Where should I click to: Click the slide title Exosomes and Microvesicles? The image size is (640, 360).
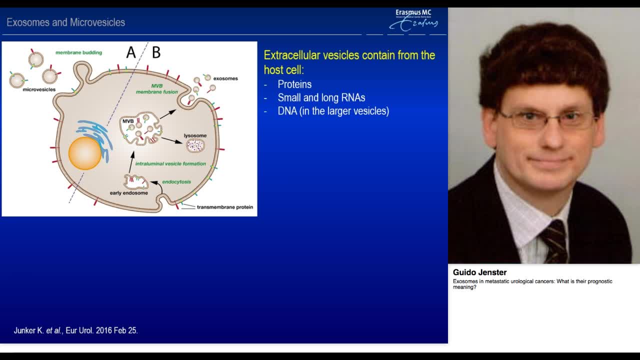tap(65, 22)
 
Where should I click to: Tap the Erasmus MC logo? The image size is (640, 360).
tap(413, 20)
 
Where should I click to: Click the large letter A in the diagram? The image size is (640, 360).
tap(130, 52)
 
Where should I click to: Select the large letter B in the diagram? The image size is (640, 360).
tap(156, 52)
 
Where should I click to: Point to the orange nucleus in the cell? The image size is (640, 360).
tap(85, 153)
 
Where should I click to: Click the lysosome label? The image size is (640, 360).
tap(195, 135)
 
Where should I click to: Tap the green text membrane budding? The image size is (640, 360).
tap(78, 52)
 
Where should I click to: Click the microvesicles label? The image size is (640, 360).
tap(39, 89)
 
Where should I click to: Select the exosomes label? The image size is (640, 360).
tap(225, 78)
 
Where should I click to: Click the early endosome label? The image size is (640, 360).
tap(128, 193)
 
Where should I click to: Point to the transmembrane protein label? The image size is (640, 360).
tap(224, 207)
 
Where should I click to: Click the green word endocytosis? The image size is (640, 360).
tap(176, 182)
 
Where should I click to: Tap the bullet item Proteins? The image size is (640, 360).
tap(294, 84)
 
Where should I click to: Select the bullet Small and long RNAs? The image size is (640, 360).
tap(321, 97)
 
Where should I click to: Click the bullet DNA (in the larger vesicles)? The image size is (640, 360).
tap(333, 111)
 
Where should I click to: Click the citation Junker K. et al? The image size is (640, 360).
tap(75, 330)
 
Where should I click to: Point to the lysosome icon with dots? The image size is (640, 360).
tap(195, 145)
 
